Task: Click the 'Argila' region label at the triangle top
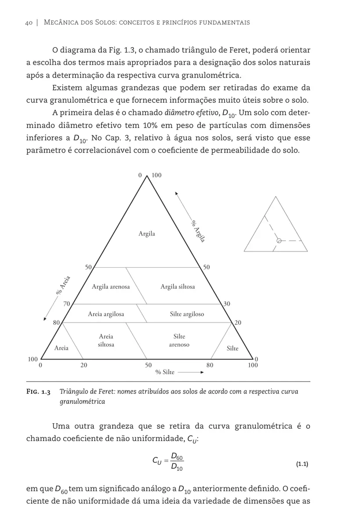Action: [x=147, y=234]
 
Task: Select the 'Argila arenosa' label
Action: [x=110, y=287]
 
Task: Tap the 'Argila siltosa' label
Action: [x=178, y=287]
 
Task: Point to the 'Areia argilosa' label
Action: [x=106, y=314]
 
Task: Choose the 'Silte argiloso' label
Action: [x=187, y=314]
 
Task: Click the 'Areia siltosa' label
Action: [x=106, y=341]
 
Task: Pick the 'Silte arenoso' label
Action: [x=179, y=341]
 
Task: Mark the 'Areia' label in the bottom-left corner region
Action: [x=61, y=348]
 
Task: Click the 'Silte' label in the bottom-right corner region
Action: [x=232, y=348]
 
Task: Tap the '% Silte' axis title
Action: [x=165, y=372]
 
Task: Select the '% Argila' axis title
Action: [x=199, y=231]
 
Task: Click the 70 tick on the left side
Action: [x=67, y=303]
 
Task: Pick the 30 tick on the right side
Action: [x=227, y=303]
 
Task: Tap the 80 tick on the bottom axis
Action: [x=210, y=365]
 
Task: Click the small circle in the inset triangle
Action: [x=279, y=241]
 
